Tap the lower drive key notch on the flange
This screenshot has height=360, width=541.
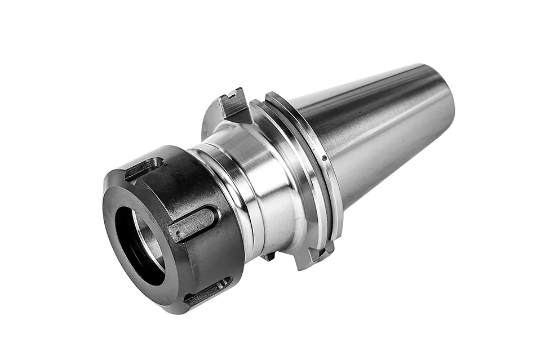(316, 255)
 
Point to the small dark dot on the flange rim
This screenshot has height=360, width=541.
(324, 158)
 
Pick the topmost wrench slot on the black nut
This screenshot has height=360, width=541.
(143, 168)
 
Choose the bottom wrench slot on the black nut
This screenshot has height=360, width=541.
(207, 291)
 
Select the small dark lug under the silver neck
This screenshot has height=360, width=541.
(269, 257)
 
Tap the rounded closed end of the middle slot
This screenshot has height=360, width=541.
(211, 216)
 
